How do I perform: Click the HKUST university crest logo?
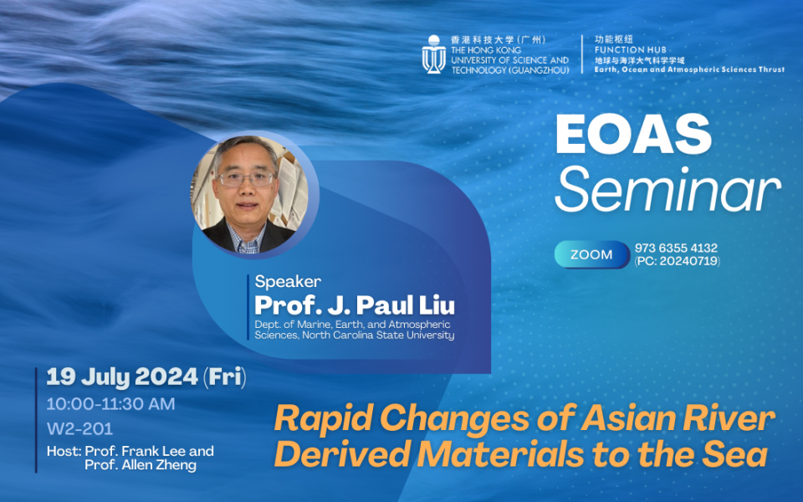point(433,54)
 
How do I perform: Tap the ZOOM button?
point(592,254)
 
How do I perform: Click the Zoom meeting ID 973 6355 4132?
point(676,248)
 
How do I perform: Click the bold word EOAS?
point(633,134)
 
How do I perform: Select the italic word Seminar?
point(667,189)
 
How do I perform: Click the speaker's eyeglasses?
point(246,179)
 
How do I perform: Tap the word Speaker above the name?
point(288,281)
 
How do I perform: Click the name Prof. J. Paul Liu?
point(355,305)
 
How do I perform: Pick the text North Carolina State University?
point(378,336)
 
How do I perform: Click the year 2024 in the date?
point(166,377)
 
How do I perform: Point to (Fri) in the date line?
point(225,377)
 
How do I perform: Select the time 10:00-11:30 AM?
point(110,404)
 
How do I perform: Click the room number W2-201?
point(80,428)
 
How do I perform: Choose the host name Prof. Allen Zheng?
point(141,465)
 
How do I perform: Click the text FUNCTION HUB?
point(631,49)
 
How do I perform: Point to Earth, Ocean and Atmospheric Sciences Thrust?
point(689,69)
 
